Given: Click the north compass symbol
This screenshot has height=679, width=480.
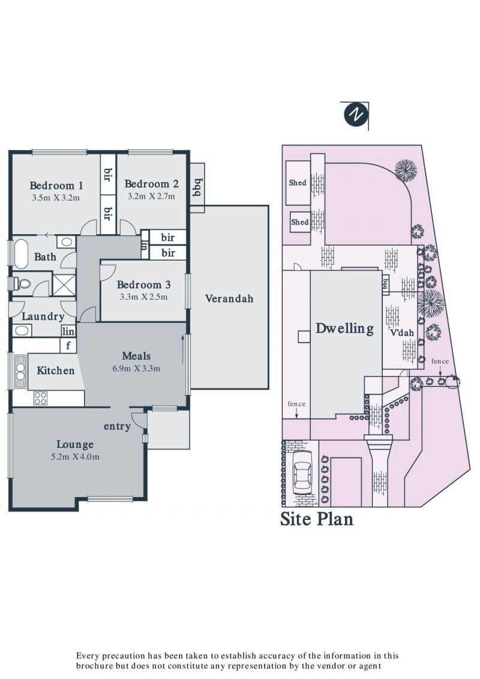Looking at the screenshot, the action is pyautogui.click(x=356, y=115).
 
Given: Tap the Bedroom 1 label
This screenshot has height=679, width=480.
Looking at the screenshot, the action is pyautogui.click(x=56, y=186).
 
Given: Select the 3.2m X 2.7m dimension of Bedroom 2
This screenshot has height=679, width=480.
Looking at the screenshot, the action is pyautogui.click(x=151, y=196).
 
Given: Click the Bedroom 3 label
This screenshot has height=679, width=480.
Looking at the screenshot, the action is pyautogui.click(x=143, y=285).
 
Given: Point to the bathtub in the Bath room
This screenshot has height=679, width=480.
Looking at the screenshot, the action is pyautogui.click(x=20, y=253).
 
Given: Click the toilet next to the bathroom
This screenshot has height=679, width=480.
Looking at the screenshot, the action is pyautogui.click(x=22, y=284).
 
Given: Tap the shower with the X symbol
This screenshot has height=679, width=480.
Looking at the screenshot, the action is pyautogui.click(x=64, y=283).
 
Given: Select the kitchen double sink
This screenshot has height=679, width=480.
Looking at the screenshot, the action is pyautogui.click(x=20, y=371).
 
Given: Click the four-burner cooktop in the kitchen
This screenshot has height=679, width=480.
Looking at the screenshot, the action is pyautogui.click(x=40, y=398).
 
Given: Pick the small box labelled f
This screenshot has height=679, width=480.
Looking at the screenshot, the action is pyautogui.click(x=68, y=346).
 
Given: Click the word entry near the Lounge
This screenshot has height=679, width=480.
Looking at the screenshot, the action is pyautogui.click(x=117, y=426).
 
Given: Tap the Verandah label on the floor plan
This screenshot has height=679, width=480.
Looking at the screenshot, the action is pyautogui.click(x=229, y=298).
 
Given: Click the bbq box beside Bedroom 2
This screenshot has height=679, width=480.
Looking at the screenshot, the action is pyautogui.click(x=197, y=187).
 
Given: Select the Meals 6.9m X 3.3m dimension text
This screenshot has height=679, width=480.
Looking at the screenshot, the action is pyautogui.click(x=136, y=369).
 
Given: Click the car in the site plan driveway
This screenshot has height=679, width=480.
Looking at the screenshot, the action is pyautogui.click(x=302, y=472).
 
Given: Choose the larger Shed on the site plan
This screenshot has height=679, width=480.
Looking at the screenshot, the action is pyautogui.click(x=298, y=183).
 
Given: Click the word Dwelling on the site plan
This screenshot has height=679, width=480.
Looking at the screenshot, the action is pyautogui.click(x=344, y=328).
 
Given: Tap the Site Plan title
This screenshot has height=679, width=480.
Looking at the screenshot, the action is pyautogui.click(x=316, y=519).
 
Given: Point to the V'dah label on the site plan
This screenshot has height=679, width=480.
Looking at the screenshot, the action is pyautogui.click(x=402, y=333).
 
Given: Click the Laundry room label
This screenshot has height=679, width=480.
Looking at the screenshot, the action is pyautogui.click(x=43, y=316).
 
